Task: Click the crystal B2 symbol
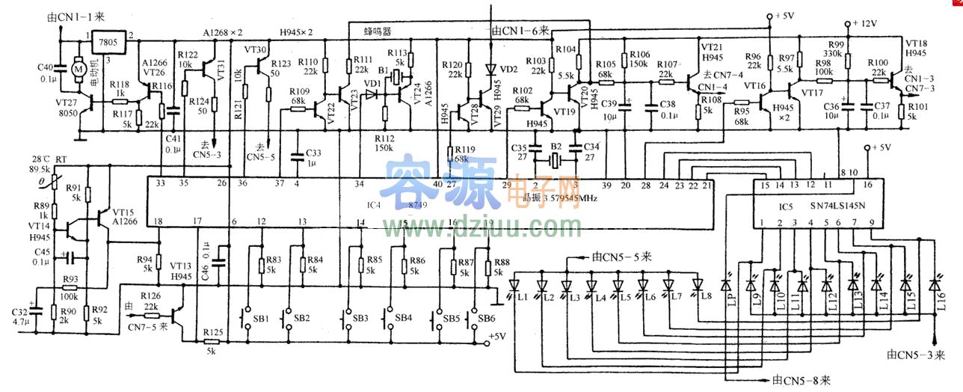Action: [x=555, y=160]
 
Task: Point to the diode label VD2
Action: [x=508, y=70]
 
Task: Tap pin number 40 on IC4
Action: [x=437, y=184]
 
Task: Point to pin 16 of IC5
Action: [x=867, y=184]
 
